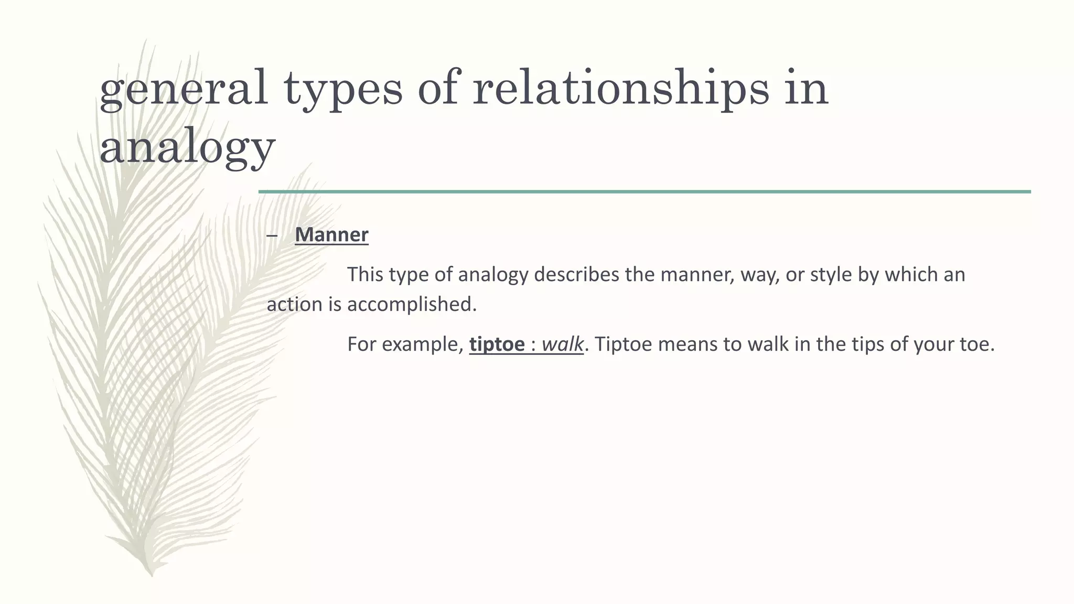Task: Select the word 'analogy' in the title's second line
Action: coord(187,147)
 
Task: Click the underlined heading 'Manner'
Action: coord(331,234)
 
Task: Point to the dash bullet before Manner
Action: coord(272,235)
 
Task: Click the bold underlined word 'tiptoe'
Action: coord(497,344)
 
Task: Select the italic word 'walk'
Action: coord(562,344)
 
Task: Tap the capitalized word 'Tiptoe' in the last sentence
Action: coord(624,344)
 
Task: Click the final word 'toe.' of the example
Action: coord(979,344)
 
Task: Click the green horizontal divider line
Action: coord(645,192)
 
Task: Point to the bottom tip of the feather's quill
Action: coord(152,575)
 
